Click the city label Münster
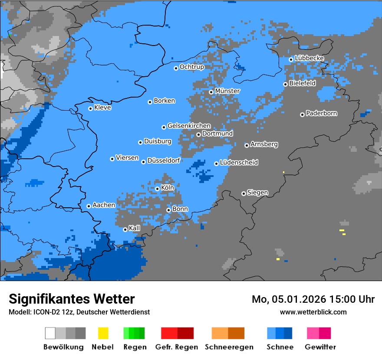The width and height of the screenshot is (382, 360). click(x=227, y=91)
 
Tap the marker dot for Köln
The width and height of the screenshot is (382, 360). click(x=157, y=189)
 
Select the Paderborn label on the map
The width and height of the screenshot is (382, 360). click(x=322, y=114)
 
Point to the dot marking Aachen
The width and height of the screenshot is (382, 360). click(x=89, y=206)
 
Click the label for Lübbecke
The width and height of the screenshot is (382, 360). click(x=310, y=58)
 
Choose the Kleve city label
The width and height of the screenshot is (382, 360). click(x=103, y=108)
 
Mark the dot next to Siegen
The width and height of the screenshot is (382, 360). click(x=244, y=193)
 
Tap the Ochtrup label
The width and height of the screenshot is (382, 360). click(x=192, y=67)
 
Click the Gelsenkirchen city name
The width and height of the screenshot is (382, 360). click(x=189, y=126)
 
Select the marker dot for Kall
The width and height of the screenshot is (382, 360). click(x=125, y=229)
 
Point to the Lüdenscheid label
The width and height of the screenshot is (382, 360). click(x=239, y=163)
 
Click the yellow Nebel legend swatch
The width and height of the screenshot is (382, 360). click(x=103, y=333)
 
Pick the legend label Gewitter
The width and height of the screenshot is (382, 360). click(x=320, y=347)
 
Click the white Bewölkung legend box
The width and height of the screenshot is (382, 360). click(x=50, y=333)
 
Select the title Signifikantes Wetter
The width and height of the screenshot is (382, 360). click(x=72, y=299)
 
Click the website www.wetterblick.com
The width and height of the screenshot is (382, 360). click(x=313, y=312)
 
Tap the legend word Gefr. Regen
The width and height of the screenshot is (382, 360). click(x=177, y=347)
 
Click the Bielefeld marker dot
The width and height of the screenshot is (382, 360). click(x=285, y=84)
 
